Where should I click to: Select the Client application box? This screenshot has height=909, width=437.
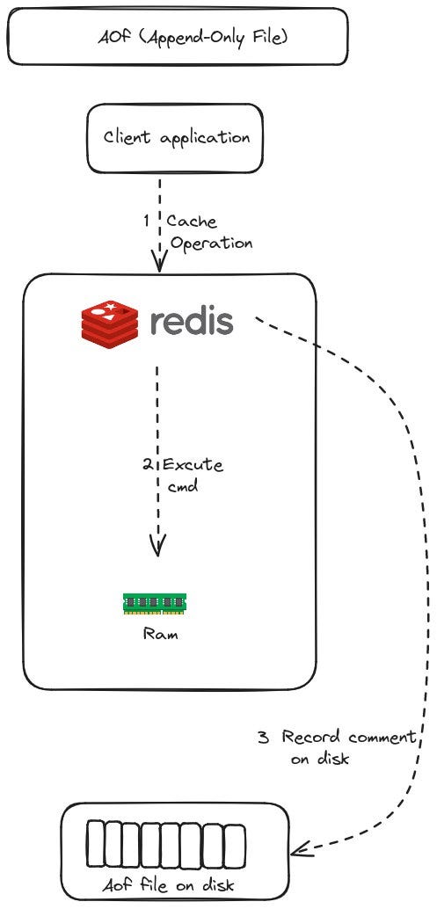point(176,138)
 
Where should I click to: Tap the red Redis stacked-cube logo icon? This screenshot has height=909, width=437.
point(110,321)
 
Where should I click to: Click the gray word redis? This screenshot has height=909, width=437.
point(191,321)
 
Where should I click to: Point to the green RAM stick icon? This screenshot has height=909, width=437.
point(155,602)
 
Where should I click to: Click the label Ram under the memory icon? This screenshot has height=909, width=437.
point(160,633)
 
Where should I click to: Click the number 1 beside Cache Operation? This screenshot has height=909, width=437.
point(147,222)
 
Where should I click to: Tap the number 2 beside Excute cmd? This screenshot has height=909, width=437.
point(147,463)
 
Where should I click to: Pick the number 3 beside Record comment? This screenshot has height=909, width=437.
point(263,738)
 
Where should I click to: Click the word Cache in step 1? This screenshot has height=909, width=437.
point(192,222)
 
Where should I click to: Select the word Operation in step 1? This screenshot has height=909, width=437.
point(211,244)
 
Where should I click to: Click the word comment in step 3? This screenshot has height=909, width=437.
point(380,738)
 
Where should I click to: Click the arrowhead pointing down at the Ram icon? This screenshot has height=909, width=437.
point(157,548)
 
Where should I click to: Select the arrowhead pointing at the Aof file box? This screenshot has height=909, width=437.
point(301,849)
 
